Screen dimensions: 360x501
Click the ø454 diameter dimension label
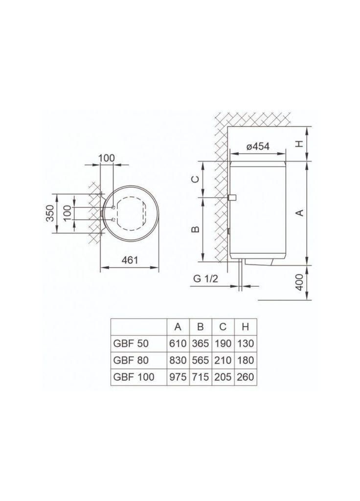click(x=258, y=146)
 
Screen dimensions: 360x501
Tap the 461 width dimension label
click(x=130, y=260)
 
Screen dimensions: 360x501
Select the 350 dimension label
click(x=50, y=213)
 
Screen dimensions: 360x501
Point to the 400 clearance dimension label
click(x=299, y=282)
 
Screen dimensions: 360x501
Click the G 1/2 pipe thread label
click(x=206, y=278)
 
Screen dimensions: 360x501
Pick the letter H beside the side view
click(x=299, y=144)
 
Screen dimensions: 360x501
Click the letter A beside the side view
click(x=300, y=212)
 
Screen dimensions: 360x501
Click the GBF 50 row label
click(x=131, y=343)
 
